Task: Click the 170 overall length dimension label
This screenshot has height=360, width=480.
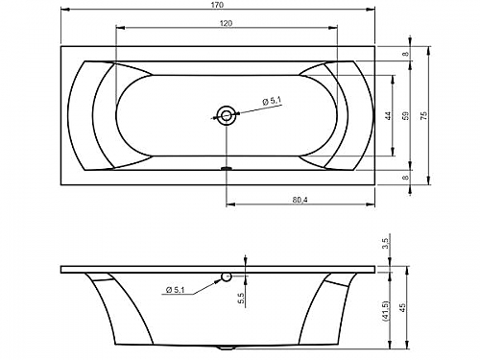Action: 218,5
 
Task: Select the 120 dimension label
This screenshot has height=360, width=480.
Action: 226,23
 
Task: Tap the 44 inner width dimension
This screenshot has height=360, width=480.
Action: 388,116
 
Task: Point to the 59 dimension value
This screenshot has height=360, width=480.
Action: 405,116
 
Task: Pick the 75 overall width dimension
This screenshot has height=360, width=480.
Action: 423,116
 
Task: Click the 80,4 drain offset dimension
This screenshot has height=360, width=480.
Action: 300,201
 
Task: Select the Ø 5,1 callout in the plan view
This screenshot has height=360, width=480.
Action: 272,102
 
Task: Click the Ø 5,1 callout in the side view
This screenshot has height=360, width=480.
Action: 176,290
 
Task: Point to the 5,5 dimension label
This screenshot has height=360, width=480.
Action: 241,299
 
